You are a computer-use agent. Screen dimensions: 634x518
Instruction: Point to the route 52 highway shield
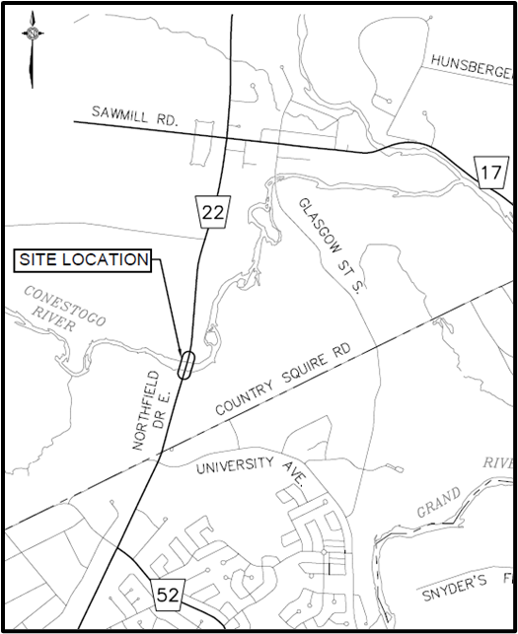coord(167,592)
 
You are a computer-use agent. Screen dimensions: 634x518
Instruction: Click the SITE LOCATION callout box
coord(83,261)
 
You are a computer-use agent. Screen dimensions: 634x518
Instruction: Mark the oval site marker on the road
coord(185,364)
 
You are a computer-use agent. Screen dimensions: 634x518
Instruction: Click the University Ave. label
coord(253,469)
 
